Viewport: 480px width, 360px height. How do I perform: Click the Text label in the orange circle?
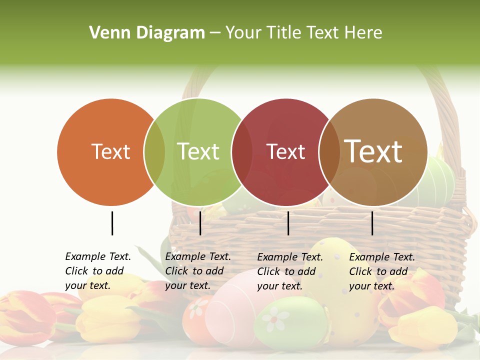[110, 151]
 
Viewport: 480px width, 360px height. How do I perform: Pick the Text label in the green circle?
[198, 151]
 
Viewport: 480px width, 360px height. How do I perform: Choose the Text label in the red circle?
[285, 151]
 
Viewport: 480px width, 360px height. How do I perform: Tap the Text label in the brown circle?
[373, 151]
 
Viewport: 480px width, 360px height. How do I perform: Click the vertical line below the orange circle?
[112, 223]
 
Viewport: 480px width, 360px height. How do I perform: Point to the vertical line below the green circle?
[200, 223]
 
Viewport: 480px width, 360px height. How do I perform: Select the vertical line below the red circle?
[288, 223]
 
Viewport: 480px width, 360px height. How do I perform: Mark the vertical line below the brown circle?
[372, 223]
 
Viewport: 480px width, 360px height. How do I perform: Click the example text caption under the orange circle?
[98, 271]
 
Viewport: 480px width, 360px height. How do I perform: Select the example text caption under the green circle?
[197, 271]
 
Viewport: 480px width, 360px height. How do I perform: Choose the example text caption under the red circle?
[289, 271]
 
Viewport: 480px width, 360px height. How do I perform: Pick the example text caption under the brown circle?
[381, 271]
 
